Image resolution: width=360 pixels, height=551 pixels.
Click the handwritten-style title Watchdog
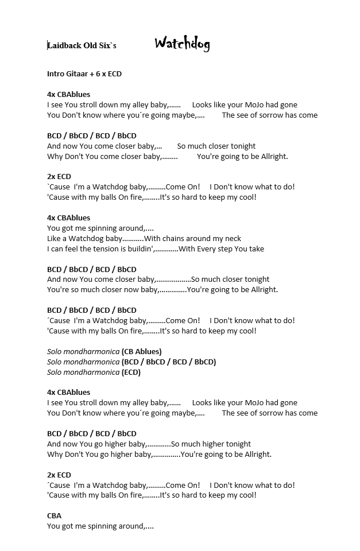[x=182, y=44]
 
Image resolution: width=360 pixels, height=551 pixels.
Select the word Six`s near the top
[x=107, y=45]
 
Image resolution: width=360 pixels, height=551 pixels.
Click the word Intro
[x=56, y=74]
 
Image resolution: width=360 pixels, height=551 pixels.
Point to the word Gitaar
[x=79, y=74]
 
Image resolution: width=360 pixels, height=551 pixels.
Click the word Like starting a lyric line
[x=55, y=239]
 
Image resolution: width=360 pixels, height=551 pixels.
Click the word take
[x=257, y=249]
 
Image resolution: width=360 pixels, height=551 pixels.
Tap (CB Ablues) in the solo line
[x=141, y=351]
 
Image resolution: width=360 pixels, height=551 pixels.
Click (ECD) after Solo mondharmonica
[x=131, y=372]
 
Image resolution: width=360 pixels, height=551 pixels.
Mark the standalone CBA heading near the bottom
[x=54, y=516]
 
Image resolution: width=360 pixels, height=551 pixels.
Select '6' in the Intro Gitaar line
[x=98, y=74]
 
